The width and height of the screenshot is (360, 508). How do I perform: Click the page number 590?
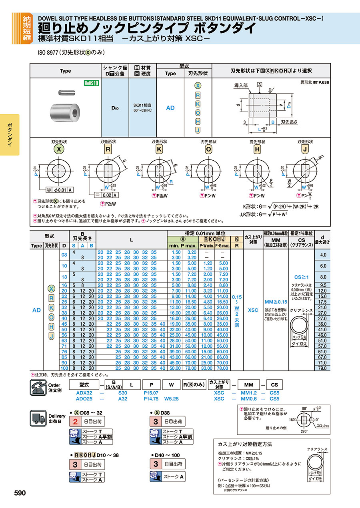pyautogui.click(x=20, y=493)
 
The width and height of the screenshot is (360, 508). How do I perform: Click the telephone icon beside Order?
pyautogui.click(x=38, y=386)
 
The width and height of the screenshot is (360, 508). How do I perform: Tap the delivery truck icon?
pyautogui.click(x=38, y=418)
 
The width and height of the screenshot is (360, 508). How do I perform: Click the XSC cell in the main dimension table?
pyautogui.click(x=253, y=310)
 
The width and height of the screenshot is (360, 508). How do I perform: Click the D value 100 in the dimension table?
pyautogui.click(x=64, y=368)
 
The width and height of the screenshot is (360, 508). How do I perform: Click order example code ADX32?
pyautogui.click(x=84, y=393)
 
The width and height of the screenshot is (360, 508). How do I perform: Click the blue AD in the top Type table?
pyautogui.click(x=170, y=108)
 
